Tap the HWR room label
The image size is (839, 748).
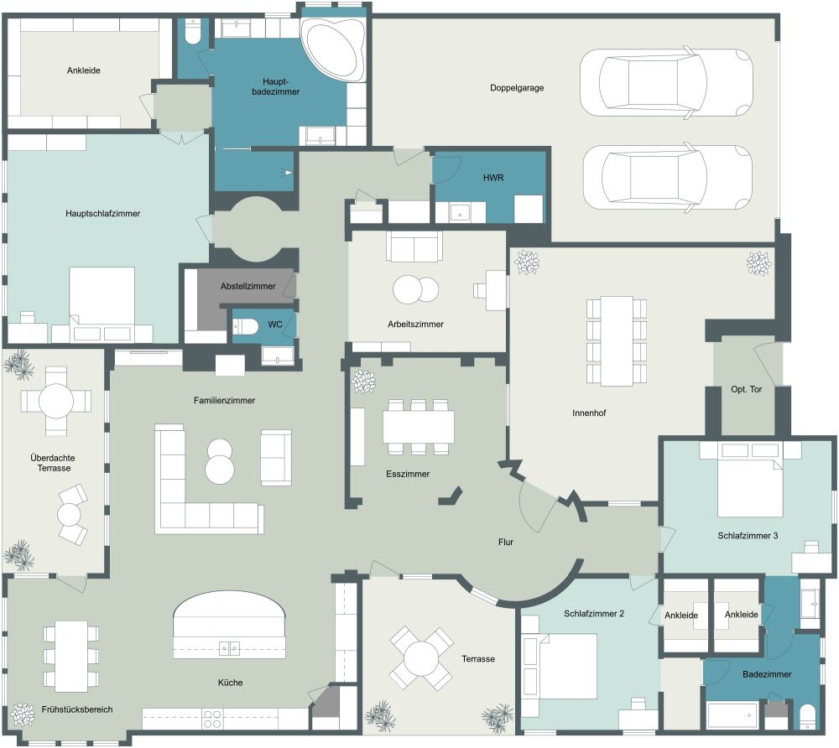click(x=493, y=179)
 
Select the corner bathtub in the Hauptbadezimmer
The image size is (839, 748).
click(x=333, y=50)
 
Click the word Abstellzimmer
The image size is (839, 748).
click(x=248, y=286)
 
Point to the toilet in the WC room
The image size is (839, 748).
click(x=245, y=327)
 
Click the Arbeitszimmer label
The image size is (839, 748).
click(x=416, y=324)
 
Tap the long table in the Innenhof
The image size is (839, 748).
click(x=617, y=340)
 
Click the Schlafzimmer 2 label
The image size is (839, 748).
click(x=594, y=614)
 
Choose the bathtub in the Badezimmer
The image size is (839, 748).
click(x=732, y=715)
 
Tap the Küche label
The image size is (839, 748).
click(x=230, y=683)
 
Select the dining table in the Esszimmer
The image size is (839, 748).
click(x=418, y=425)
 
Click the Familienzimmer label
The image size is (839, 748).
click(x=224, y=400)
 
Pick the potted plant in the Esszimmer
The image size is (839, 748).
click(x=363, y=382)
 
